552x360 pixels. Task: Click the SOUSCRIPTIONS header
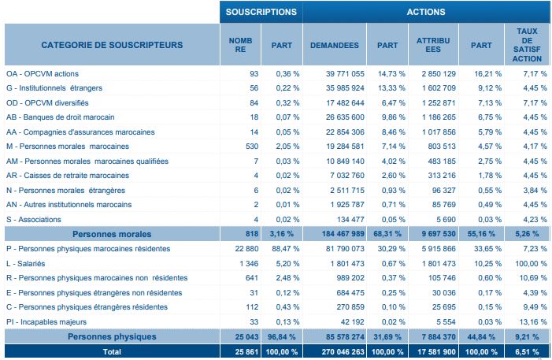pyautogui.click(x=261, y=12)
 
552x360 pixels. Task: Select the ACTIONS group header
pyautogui.click(x=425, y=12)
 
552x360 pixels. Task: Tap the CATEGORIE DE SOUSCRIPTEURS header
pyautogui.click(x=112, y=44)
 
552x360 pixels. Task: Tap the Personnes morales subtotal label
pyautogui.click(x=112, y=234)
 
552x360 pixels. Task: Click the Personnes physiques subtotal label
pyautogui.click(x=112, y=336)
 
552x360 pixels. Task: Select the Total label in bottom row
pyautogui.click(x=112, y=352)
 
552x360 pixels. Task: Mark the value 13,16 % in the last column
pyautogui.click(x=525, y=321)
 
